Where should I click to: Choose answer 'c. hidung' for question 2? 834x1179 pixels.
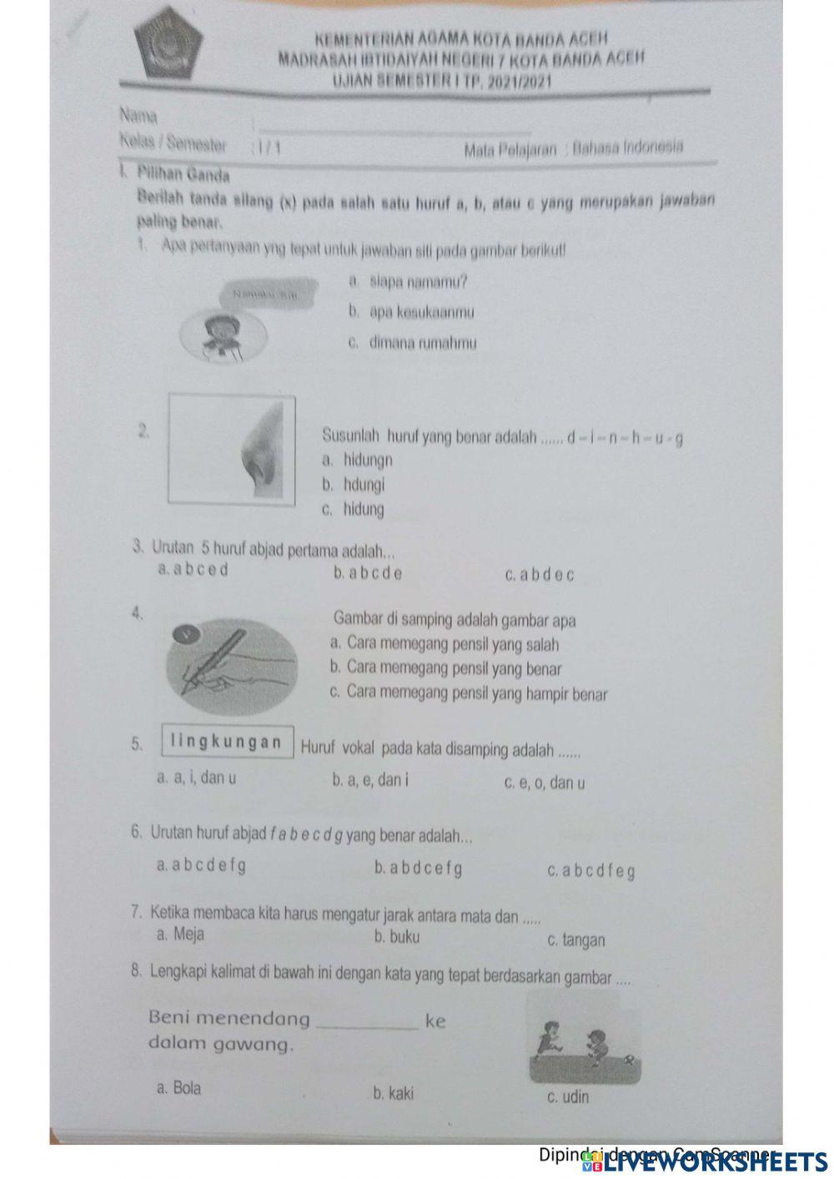coord(354,510)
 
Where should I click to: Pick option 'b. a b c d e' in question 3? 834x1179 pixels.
coord(367,573)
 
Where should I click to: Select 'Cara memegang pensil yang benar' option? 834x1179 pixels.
coord(446,668)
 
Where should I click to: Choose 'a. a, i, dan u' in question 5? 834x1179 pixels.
coord(196,778)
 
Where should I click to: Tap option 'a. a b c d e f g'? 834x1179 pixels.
coord(201,865)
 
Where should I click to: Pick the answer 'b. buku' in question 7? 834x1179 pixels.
coord(397,936)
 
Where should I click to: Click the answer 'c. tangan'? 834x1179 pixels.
coord(576,940)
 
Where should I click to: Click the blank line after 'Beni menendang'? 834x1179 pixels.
coord(366,1024)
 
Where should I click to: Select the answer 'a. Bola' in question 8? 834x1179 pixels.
coord(178,1088)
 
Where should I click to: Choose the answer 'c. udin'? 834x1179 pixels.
coord(567,1096)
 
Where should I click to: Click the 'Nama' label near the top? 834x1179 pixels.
coord(138,113)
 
